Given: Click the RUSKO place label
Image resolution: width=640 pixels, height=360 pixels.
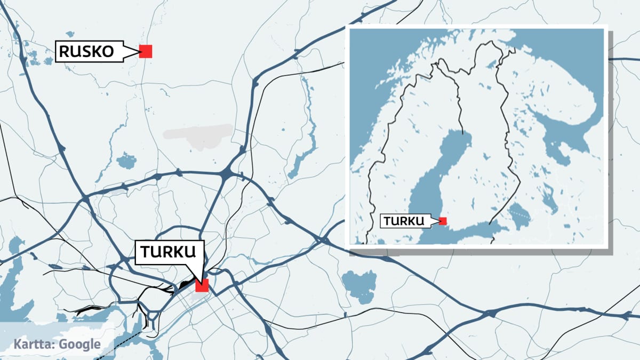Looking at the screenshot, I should (86, 52).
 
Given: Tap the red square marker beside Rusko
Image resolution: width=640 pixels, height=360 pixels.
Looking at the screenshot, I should (146, 51).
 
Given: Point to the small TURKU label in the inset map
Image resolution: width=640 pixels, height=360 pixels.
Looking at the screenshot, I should (403, 221).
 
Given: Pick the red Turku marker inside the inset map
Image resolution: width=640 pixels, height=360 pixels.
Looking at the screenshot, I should (443, 221).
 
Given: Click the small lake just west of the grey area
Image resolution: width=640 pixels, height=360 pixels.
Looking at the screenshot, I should (126, 160).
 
